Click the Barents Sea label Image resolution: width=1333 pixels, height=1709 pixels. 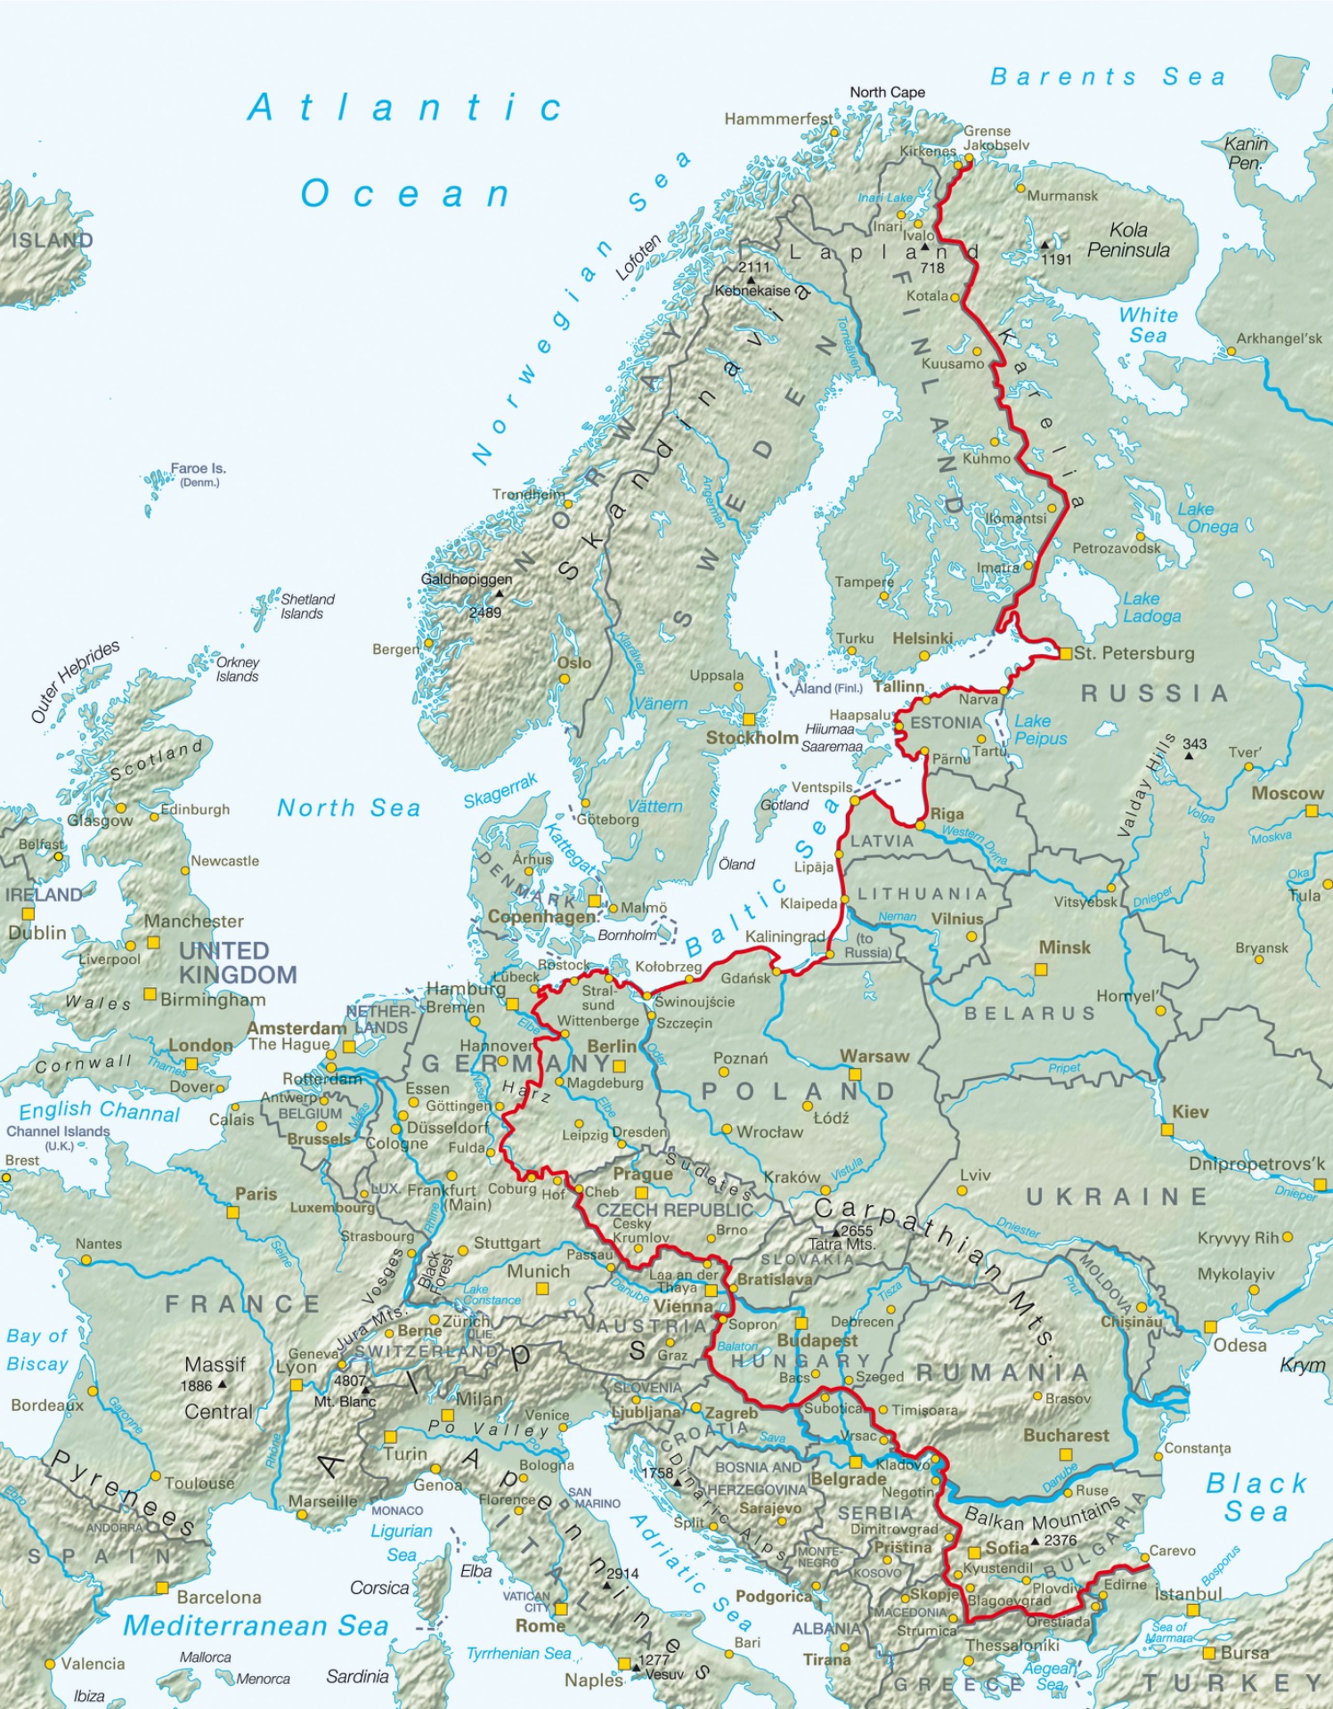pos(1108,77)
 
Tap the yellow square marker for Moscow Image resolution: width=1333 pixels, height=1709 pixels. pos(1312,811)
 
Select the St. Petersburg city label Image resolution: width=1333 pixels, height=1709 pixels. pos(1134,653)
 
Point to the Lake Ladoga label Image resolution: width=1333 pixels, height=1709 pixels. pos(1150,607)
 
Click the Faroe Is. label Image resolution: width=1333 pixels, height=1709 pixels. pos(199,468)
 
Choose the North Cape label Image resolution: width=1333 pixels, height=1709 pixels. pos(887,93)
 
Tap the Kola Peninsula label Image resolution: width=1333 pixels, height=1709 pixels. pos(1127,240)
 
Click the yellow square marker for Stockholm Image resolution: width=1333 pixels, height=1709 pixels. pos(749,719)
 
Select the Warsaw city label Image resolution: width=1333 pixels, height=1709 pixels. pos(874,1057)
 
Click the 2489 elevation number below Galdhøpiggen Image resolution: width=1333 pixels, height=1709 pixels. pos(485,612)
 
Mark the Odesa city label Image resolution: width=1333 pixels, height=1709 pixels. pos(1240,1345)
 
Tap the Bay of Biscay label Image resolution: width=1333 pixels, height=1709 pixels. pos(37,1349)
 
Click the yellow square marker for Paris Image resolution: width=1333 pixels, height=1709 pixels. pos(233,1212)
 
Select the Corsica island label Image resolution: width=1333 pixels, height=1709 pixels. pos(379,1588)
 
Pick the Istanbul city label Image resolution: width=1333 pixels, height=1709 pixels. pos(1189,1593)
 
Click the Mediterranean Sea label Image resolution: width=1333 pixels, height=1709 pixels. pos(256,1625)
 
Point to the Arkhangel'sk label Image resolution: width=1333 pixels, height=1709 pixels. pos(1279,339)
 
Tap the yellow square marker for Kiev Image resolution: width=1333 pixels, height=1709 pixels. pos(1167,1130)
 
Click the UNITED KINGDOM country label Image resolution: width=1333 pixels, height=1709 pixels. pos(237,962)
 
